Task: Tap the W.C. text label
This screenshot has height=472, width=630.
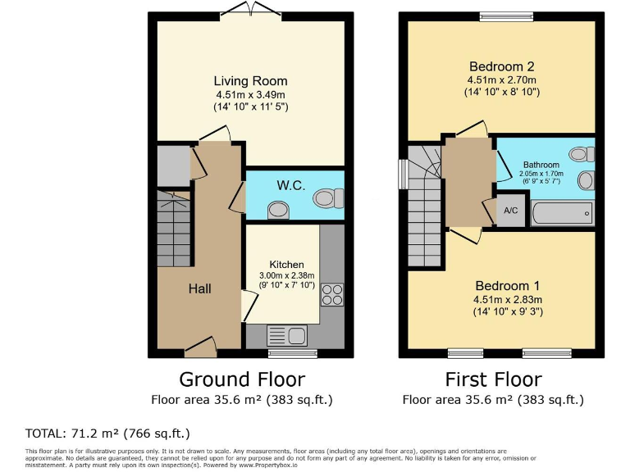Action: tap(290, 186)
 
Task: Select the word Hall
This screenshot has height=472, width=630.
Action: tap(199, 288)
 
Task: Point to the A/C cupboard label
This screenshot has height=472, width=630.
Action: tap(510, 211)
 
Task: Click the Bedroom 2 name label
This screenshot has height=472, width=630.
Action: tap(501, 66)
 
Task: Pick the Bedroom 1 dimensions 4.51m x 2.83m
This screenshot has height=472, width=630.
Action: tap(508, 299)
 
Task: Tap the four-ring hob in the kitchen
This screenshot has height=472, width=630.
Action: tap(332, 294)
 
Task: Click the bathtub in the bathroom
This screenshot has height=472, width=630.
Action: tap(563, 215)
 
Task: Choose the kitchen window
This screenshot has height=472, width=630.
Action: tap(293, 354)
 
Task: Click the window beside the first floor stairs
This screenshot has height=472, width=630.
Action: tap(403, 173)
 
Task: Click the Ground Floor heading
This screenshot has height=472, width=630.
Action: tap(242, 379)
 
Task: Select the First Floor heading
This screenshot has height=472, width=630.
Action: tap(493, 379)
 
